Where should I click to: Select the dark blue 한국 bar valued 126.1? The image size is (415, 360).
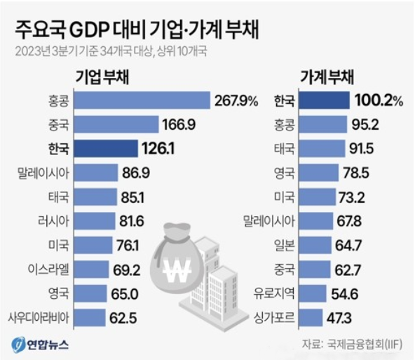pyautogui.click(x=106, y=149)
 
